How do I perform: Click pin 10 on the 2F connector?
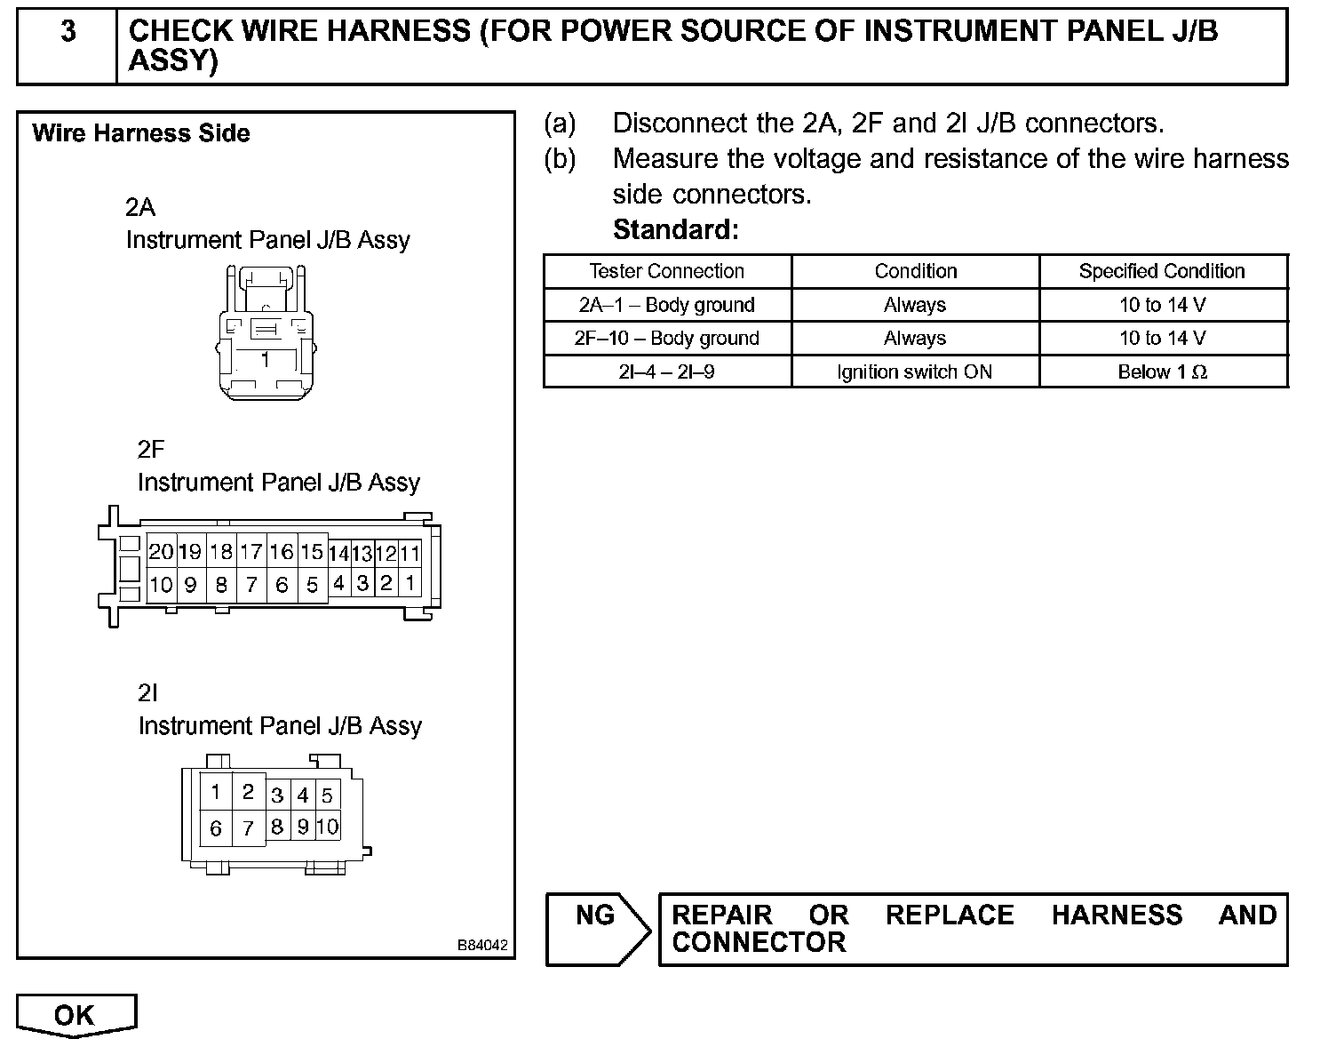[x=161, y=585]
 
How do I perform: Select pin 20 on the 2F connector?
[x=161, y=552]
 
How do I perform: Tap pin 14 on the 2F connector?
[x=338, y=554]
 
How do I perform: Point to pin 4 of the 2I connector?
[x=303, y=795]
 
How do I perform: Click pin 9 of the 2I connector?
[x=303, y=827]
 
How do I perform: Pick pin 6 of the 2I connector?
[x=216, y=829]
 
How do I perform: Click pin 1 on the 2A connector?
[x=265, y=360]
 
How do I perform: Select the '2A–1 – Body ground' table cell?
[x=666, y=305]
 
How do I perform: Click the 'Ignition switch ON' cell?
[x=914, y=372]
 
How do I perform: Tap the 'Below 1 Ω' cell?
[x=1162, y=372]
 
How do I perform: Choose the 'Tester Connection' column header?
[x=666, y=271]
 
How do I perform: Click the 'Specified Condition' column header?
[x=1162, y=271]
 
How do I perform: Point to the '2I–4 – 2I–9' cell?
[x=666, y=372]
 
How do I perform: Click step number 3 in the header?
[x=68, y=33]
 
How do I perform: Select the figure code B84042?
[x=482, y=945]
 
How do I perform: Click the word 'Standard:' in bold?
[x=675, y=230]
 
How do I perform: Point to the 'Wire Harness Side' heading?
[x=140, y=134]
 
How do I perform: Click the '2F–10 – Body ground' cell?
[x=666, y=339]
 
